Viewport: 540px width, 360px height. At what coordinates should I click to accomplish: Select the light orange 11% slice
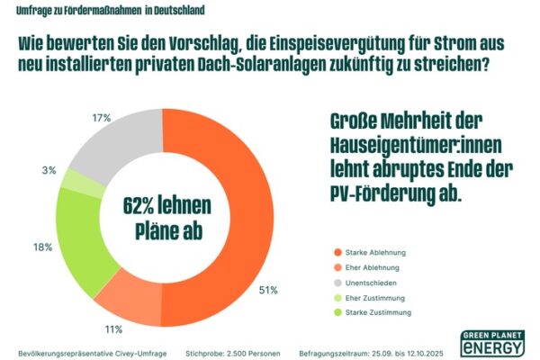tap(126, 298)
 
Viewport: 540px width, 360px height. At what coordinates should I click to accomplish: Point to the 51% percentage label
tap(268, 290)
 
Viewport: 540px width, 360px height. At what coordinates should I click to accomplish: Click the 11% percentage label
tap(113, 330)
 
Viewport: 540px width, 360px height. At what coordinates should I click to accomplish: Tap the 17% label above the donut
tap(101, 117)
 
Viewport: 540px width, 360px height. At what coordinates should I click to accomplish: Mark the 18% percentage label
tap(40, 247)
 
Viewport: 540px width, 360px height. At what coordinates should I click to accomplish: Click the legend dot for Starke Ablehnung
tap(338, 253)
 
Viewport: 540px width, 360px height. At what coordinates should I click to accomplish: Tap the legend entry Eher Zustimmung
tap(378, 297)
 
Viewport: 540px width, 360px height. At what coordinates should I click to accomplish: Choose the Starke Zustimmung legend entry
tap(381, 311)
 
